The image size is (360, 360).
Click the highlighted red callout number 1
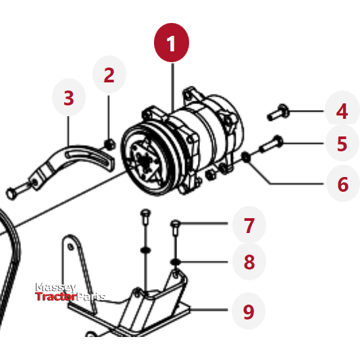click(x=171, y=44)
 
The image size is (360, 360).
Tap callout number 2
click(x=109, y=75)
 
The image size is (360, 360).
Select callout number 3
click(x=68, y=98)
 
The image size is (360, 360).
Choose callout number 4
click(x=342, y=110)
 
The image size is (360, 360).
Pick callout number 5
click(x=342, y=143)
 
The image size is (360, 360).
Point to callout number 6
click(x=342, y=183)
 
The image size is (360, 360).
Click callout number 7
click(x=249, y=225)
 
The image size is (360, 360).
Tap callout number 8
click(x=249, y=261)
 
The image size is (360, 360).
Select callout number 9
click(x=249, y=311)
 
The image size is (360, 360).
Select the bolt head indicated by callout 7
click(x=175, y=224)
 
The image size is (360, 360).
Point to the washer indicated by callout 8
click(x=175, y=262)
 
